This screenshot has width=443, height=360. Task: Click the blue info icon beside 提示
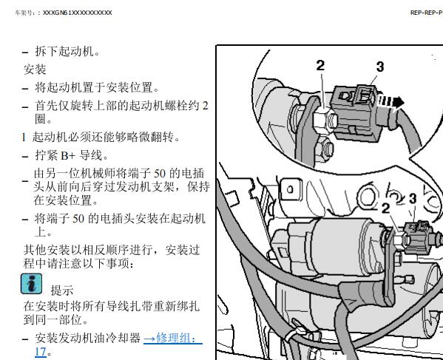[x=31, y=284]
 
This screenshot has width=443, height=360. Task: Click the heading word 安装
[x=35, y=69]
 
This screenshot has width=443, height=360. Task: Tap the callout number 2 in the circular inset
[x=320, y=66]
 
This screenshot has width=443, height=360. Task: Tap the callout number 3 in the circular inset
[x=380, y=67]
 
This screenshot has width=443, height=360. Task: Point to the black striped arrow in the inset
[x=391, y=102]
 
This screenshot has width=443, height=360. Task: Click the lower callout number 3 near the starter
[x=413, y=199]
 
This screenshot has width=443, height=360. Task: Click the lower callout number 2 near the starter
[x=385, y=208]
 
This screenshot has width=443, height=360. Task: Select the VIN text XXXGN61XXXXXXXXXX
[x=78, y=13]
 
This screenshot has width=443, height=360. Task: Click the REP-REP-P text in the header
[x=427, y=13]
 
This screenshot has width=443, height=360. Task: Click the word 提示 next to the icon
[x=62, y=291]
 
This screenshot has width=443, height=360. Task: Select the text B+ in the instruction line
[x=68, y=155]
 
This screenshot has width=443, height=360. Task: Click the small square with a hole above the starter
[x=291, y=189]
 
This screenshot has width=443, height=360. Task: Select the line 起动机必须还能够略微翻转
[x=106, y=137]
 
